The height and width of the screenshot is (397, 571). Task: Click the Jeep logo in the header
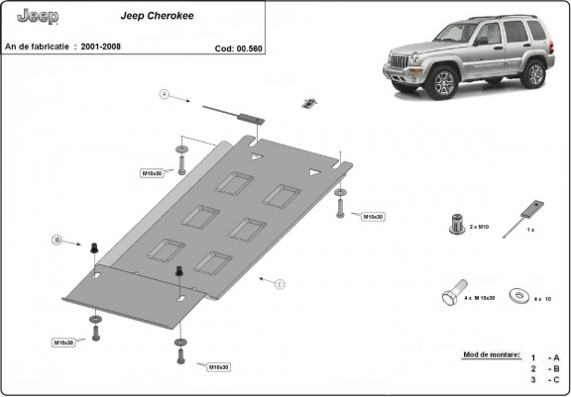coord(38,17)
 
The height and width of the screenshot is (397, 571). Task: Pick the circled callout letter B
coord(57,240)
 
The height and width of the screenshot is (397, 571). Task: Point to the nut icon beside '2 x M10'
coord(457,223)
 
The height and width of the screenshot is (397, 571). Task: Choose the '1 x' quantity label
coord(530,229)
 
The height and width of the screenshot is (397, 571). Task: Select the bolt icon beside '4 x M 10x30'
coord(448,296)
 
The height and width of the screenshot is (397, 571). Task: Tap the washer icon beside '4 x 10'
coord(516,294)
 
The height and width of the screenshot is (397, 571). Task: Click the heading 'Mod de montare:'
coord(490,353)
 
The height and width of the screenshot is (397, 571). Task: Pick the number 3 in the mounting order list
coord(532,379)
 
